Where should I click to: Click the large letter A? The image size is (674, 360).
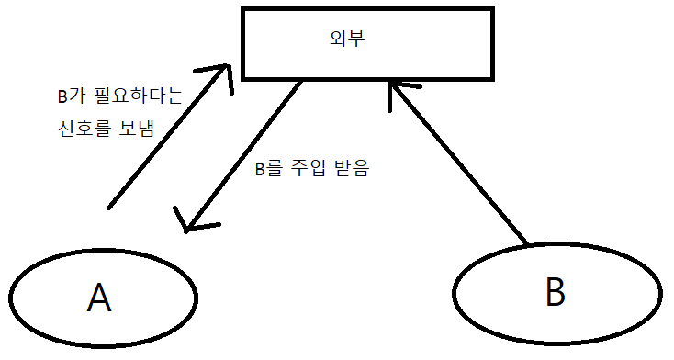coord(98,298)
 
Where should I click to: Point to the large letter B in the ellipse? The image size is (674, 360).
coord(554,291)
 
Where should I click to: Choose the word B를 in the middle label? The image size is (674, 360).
coord(270,169)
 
